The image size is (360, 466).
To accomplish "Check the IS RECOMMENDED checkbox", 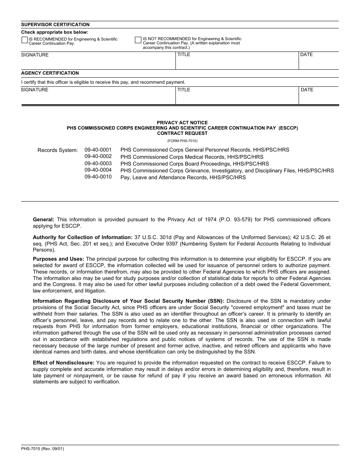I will coord(25,39).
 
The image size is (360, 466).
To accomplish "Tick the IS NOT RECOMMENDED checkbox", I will coord(138,39).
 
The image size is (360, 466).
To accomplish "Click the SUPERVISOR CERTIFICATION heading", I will coord(55,25).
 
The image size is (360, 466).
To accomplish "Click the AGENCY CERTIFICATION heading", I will coord(50,73).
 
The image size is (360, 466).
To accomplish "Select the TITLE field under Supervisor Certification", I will coord(237,61).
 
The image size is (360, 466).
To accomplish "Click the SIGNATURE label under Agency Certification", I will coord(34,90).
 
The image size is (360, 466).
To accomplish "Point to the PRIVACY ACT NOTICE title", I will coord(182,123).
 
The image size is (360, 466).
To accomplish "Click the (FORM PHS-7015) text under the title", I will coord(182,141).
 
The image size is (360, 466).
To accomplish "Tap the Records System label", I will coord(58,150).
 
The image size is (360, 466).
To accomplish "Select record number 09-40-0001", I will coord(98,150).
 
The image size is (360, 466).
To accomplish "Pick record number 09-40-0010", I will coord(98,177).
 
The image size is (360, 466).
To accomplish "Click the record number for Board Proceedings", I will coord(98,164).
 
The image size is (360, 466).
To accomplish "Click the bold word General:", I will coord(44,219).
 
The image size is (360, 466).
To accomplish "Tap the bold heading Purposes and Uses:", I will coord(59,259).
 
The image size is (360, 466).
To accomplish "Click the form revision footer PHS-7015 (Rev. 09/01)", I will coord(42,449).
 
